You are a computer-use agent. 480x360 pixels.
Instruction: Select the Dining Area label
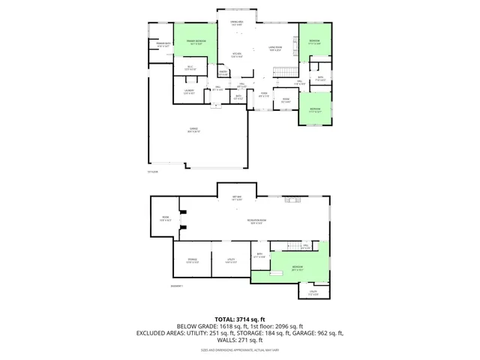pyautogui.click(x=236, y=24)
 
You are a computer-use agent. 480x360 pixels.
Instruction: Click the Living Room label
pyautogui.click(x=275, y=49)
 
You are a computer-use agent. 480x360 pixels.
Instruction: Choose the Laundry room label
pyautogui.click(x=190, y=92)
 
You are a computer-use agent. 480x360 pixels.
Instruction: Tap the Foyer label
pyautogui.click(x=264, y=95)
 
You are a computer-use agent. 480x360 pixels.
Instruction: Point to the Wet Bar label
pyautogui.click(x=236, y=199)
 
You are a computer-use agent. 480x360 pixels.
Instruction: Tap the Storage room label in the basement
pyautogui.click(x=192, y=261)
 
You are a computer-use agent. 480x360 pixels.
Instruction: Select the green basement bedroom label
pyautogui.click(x=298, y=268)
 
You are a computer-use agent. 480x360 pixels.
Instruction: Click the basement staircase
pyautogui.click(x=305, y=247)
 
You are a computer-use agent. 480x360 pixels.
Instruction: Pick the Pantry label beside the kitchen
pyautogui.click(x=223, y=73)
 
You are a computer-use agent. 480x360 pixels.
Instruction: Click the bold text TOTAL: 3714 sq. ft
pyautogui.click(x=240, y=319)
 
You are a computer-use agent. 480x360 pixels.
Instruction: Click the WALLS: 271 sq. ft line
pyautogui.click(x=240, y=339)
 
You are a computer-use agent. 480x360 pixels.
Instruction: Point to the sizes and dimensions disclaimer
pyautogui.click(x=240, y=349)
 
